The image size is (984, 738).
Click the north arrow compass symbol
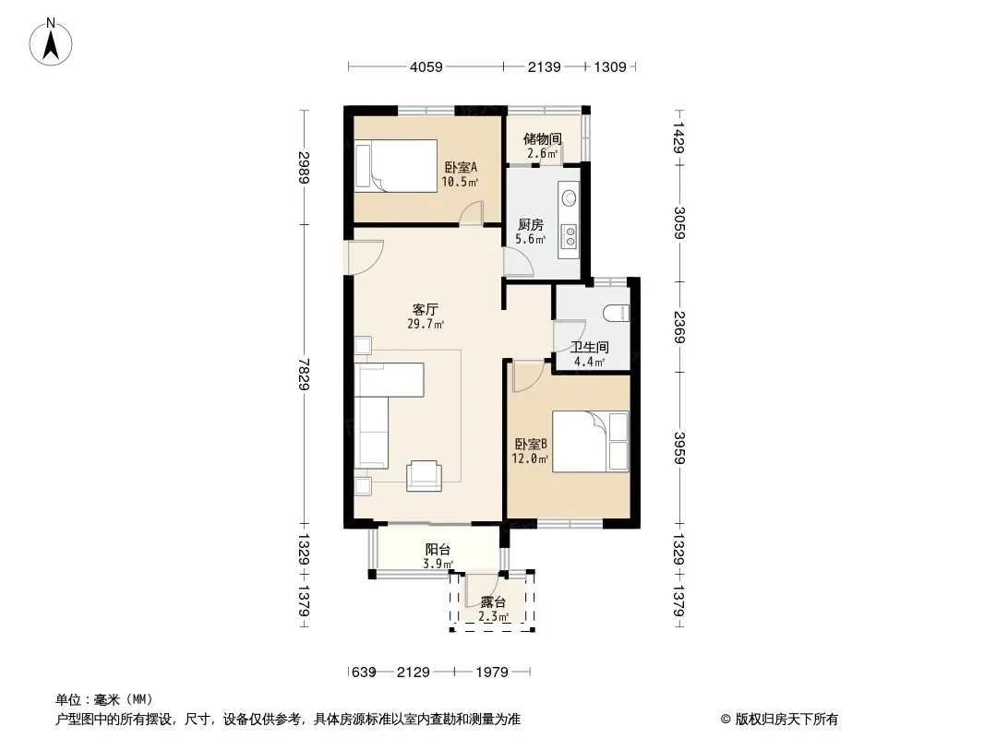[51, 42]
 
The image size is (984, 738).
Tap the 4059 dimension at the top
[426, 67]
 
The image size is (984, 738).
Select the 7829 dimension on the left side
[305, 374]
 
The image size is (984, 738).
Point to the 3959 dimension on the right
[679, 448]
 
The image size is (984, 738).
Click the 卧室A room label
[461, 167]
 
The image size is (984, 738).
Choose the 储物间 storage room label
[542, 138]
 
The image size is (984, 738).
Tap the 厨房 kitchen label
[530, 224]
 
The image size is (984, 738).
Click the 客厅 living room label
[425, 309]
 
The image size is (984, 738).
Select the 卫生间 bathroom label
[589, 347]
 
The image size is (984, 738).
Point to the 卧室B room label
[530, 444]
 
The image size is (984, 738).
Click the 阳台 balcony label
[438, 549]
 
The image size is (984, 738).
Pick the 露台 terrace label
[493, 602]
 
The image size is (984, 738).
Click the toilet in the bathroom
[617, 312]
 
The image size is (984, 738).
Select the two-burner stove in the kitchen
[570, 236]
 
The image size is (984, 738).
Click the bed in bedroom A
[396, 166]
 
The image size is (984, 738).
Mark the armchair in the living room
[424, 476]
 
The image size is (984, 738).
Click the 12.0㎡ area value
[530, 459]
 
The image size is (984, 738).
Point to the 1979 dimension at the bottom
[492, 673]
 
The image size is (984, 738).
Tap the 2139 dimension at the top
[544, 67]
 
